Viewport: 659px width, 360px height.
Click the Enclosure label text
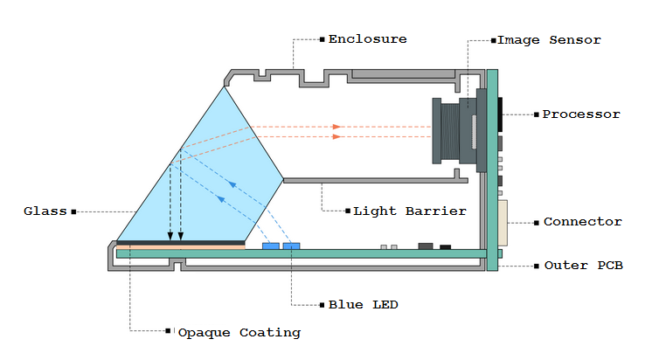[367, 39]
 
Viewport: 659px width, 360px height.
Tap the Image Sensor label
[549, 40]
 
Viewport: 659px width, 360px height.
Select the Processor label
[581, 114]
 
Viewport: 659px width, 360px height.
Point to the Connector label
[583, 222]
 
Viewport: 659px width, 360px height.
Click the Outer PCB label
[583, 265]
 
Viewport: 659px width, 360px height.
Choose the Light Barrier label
[409, 211]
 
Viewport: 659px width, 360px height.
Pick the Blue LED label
[363, 305]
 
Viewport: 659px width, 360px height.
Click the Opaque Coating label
[239, 332]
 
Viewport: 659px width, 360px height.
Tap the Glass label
[45, 211]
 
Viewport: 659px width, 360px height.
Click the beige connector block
[502, 223]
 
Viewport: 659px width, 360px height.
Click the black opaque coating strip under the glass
[181, 242]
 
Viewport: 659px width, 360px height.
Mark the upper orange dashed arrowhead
[336, 127]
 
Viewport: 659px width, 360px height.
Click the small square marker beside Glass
[73, 211]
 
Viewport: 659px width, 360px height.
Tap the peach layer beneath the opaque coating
[181, 247]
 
